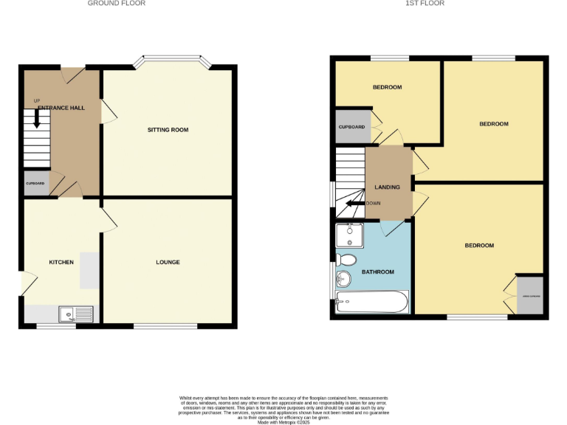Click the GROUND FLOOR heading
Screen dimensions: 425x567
pos(117,4)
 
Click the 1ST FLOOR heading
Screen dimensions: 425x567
pos(425,4)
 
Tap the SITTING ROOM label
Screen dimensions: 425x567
pos(168,130)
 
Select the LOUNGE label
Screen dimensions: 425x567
pos(168,262)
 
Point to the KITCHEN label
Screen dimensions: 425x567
pos(61,262)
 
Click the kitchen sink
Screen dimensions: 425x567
pos(78,314)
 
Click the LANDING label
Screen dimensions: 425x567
pos(388,187)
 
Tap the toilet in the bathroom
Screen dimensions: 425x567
pos(346,260)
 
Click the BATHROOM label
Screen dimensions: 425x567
pos(377,272)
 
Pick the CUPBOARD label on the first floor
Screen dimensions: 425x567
pos(351,127)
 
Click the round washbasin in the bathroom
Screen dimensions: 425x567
pos(343,279)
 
